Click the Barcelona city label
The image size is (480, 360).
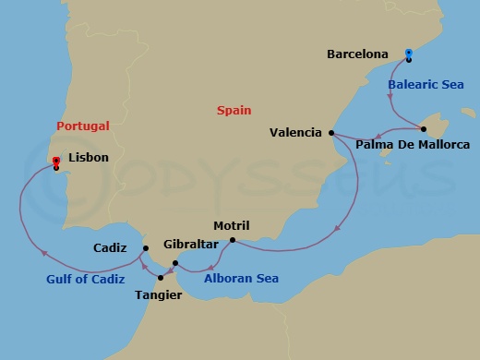click(x=357, y=54)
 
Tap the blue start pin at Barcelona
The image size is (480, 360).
click(x=409, y=54)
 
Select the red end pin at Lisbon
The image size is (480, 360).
click(x=56, y=163)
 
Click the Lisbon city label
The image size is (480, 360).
click(x=88, y=158)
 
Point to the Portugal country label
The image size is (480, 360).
click(x=83, y=126)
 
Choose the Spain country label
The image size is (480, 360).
click(x=234, y=110)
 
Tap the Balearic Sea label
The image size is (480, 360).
click(x=425, y=84)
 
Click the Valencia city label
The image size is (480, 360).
click(x=295, y=133)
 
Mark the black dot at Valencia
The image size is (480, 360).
click(x=331, y=133)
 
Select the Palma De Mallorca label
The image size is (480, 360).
click(x=413, y=145)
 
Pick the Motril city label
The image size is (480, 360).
click(x=231, y=225)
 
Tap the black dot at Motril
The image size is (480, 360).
click(x=233, y=241)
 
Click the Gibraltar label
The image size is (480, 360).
click(x=190, y=245)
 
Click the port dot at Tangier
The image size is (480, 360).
click(x=162, y=275)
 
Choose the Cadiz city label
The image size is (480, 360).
click(x=111, y=248)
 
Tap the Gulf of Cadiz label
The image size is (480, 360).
click(x=86, y=279)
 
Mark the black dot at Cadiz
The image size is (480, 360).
click(x=145, y=248)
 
